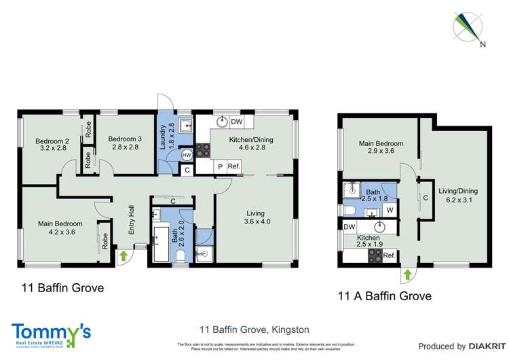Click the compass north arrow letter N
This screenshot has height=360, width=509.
(x=483, y=46)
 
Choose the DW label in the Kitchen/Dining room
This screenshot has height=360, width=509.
(x=236, y=122)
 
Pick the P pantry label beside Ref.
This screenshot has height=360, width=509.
(x=220, y=167)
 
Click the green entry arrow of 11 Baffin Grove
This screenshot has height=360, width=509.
(x=124, y=256)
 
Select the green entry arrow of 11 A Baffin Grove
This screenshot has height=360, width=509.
(x=407, y=274)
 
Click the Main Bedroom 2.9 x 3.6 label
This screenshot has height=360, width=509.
(x=381, y=148)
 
